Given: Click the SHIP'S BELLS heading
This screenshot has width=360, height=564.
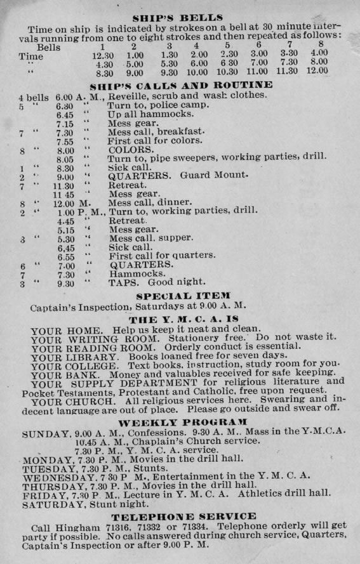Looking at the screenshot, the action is click(x=180, y=18).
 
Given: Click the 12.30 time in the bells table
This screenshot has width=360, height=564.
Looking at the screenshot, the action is click(x=103, y=56).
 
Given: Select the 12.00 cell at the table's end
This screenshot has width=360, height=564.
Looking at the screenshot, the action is click(x=317, y=71).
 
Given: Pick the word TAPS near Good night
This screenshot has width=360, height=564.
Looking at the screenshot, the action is click(x=125, y=282).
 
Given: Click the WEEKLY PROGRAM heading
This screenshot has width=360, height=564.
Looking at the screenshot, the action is click(x=183, y=423).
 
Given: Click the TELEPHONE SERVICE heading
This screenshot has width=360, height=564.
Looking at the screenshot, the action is click(x=183, y=517).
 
